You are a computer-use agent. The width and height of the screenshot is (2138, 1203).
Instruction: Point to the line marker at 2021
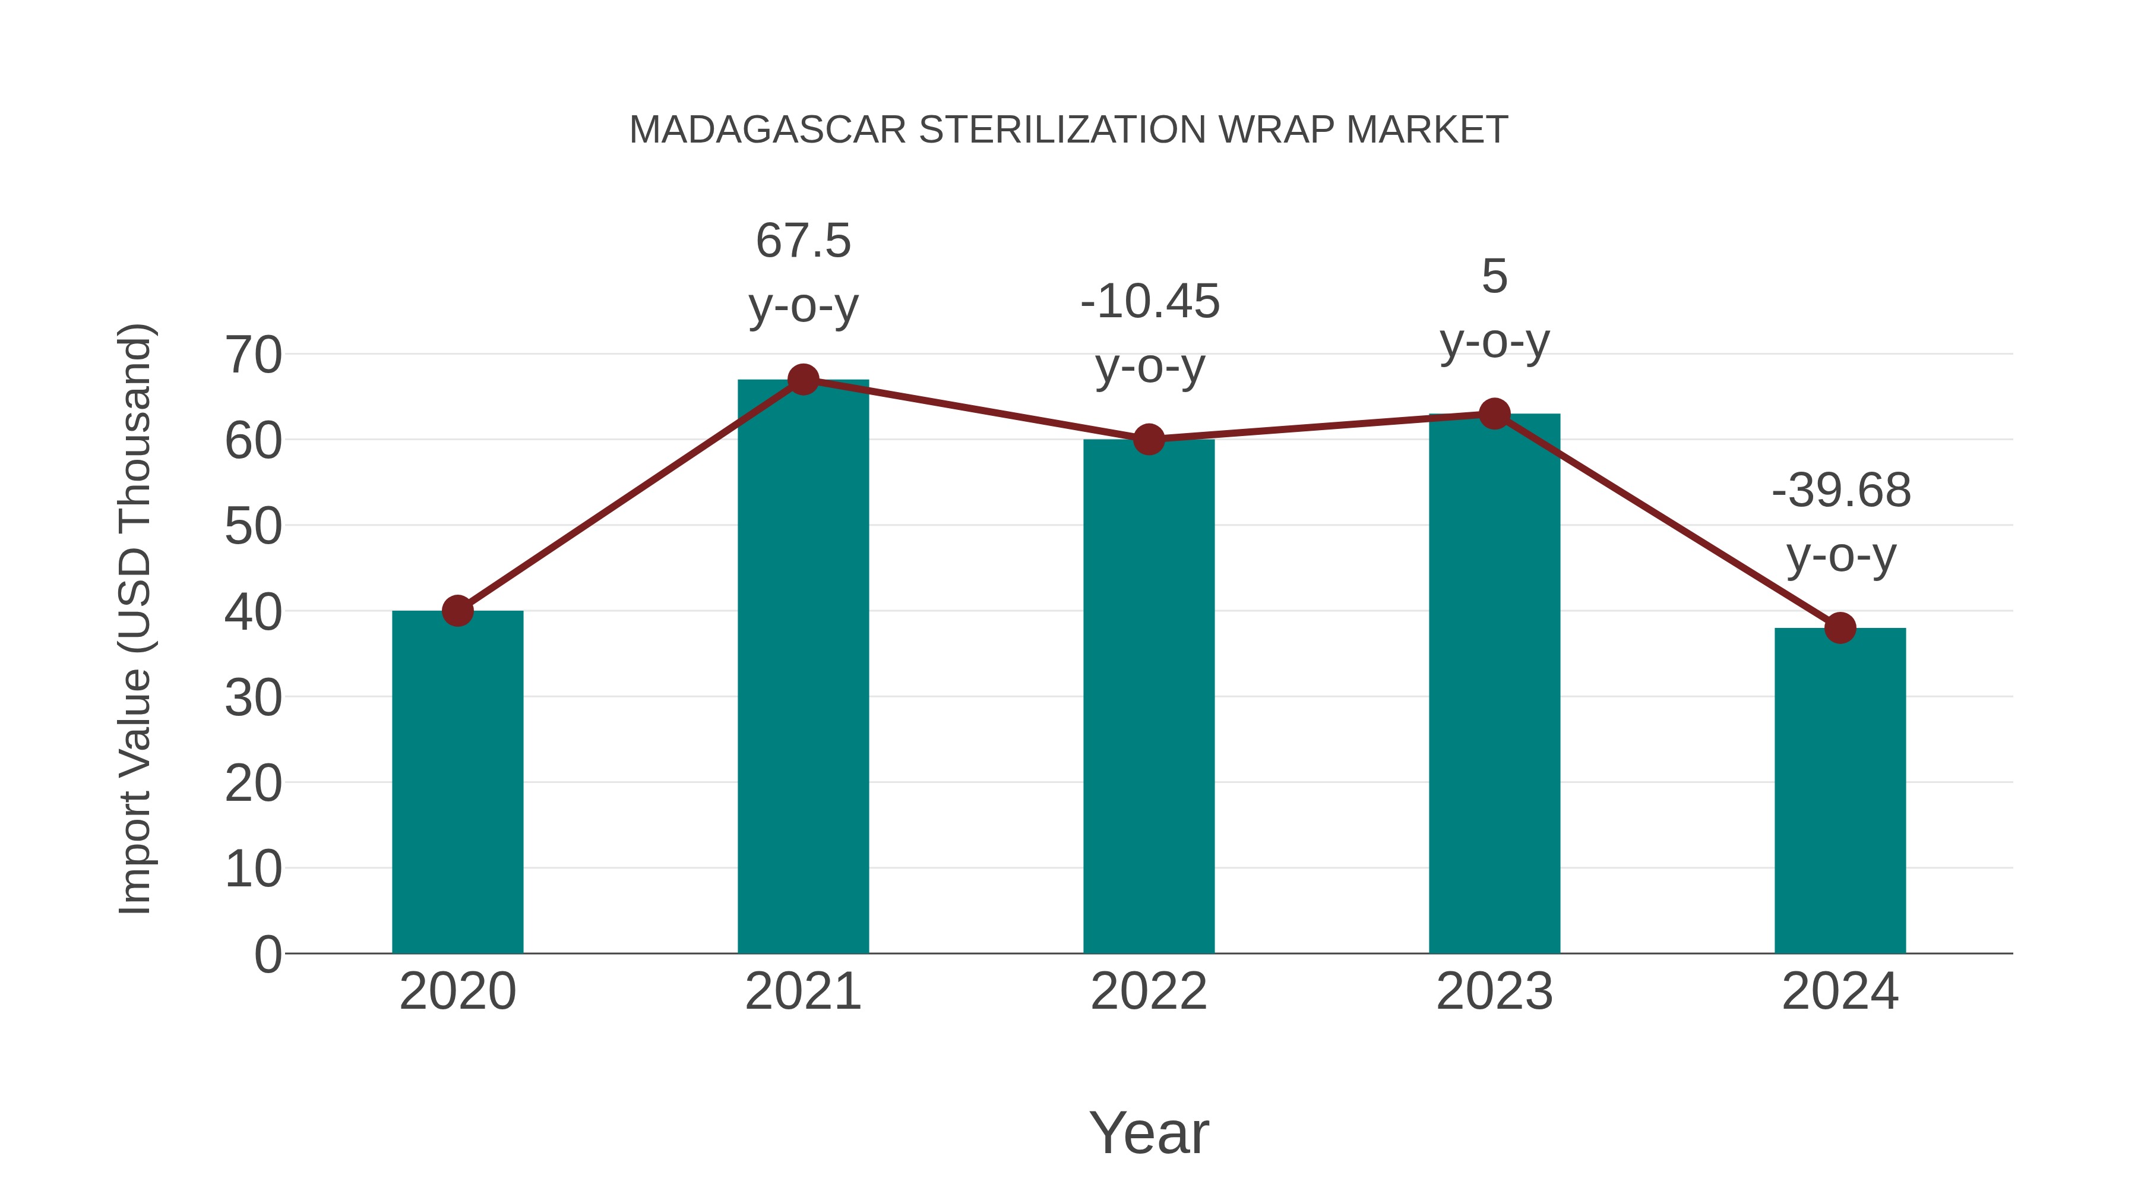click(802, 380)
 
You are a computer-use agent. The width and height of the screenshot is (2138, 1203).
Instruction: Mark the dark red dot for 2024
click(1840, 628)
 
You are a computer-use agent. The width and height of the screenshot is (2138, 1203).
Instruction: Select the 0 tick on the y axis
click(267, 954)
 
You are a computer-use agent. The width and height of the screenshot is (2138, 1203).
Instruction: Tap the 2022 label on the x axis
click(1149, 992)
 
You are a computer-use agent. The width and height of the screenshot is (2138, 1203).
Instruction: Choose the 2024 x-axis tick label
click(1840, 992)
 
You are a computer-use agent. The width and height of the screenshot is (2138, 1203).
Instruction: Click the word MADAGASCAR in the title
click(767, 130)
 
